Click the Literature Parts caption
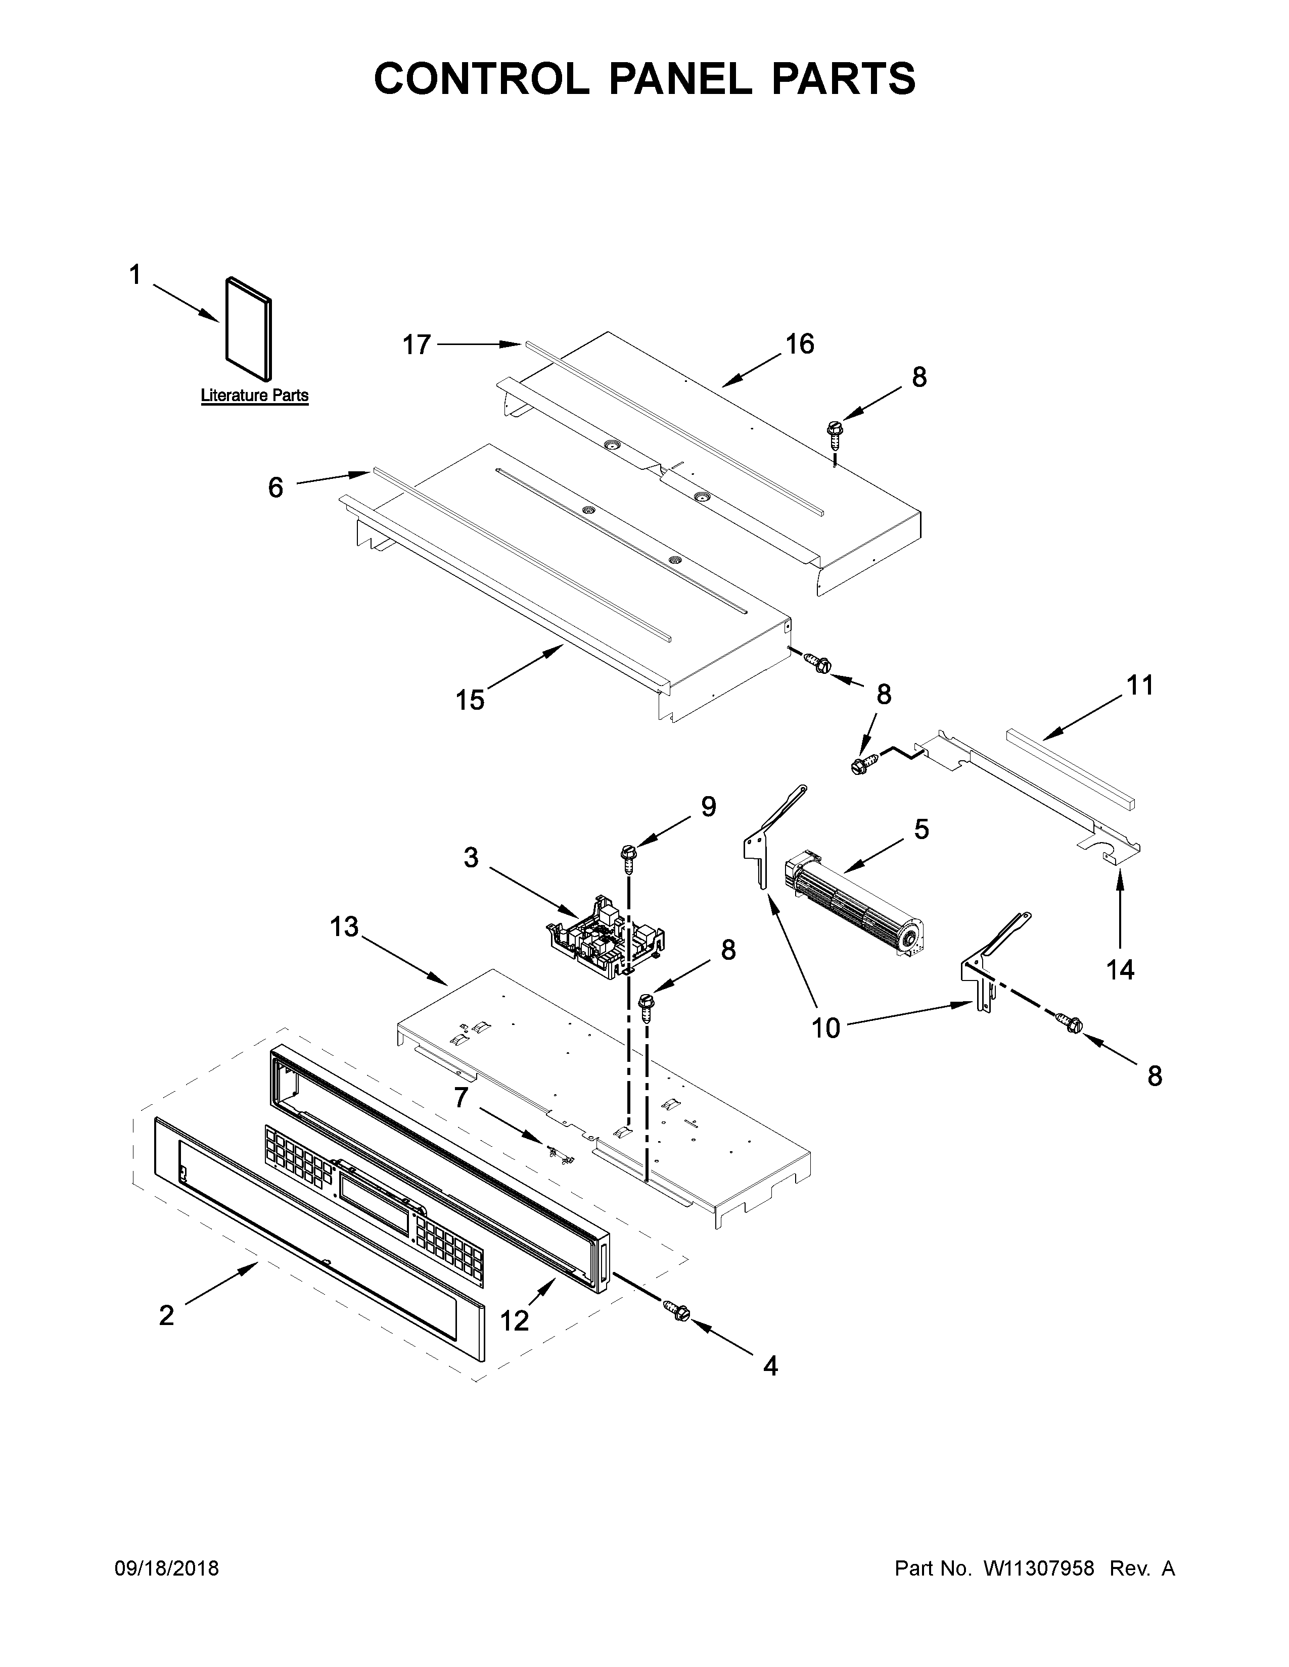coord(254,396)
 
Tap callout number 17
coord(417,345)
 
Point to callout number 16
coord(800,344)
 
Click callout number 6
coord(275,487)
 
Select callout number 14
coord(1120,970)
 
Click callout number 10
coord(825,1028)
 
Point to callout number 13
coord(344,927)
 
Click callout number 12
coord(515,1319)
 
